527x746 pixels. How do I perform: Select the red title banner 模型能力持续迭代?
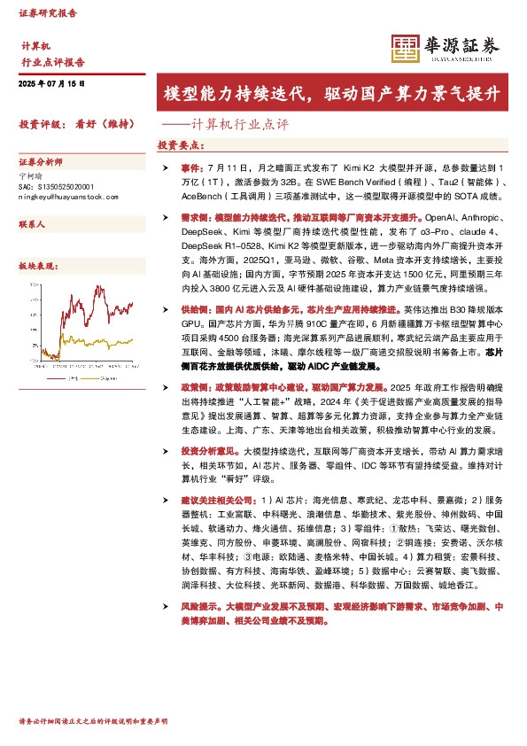[x=332, y=94]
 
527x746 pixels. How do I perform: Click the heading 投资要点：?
[x=181, y=144]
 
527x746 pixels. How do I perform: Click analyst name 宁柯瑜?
[x=31, y=175]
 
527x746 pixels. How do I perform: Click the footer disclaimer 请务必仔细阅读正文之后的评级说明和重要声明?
[x=92, y=722]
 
